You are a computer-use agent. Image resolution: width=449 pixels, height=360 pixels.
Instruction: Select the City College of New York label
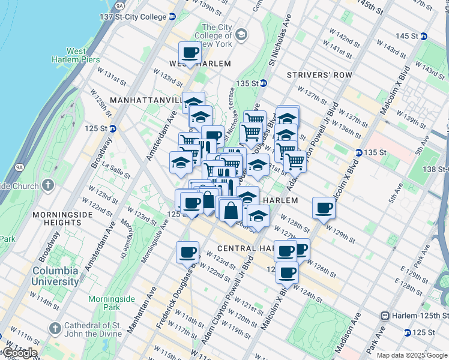217,36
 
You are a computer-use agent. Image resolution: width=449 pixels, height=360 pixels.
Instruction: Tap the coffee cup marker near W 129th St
324,208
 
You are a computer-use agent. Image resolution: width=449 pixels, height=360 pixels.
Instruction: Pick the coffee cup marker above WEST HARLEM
190,52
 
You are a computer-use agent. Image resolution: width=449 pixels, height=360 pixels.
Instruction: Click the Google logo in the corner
19,352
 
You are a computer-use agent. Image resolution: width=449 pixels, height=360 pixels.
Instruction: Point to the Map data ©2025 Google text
412,355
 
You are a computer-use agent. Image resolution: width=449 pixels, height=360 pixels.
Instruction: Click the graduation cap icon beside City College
241,36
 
